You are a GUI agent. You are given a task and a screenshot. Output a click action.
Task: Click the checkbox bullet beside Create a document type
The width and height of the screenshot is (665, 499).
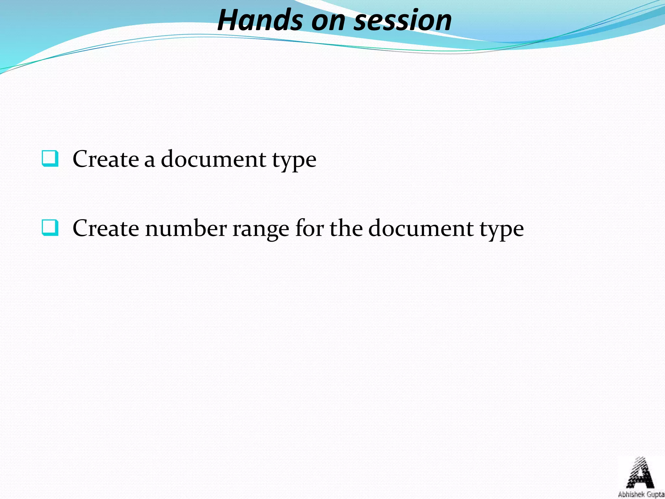(50, 159)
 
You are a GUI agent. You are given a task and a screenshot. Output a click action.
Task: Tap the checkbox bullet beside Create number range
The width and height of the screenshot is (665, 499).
(50, 228)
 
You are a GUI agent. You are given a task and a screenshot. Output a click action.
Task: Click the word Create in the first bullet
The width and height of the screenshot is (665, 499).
(106, 159)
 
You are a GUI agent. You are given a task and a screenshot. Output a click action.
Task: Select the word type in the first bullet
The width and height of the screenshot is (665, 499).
(294, 161)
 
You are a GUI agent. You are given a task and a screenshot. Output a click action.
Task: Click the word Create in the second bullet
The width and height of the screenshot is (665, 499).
(106, 228)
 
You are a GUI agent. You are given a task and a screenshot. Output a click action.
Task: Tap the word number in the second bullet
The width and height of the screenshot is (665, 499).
(186, 228)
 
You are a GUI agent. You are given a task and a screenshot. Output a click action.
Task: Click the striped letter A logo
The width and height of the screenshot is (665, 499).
(640, 473)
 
